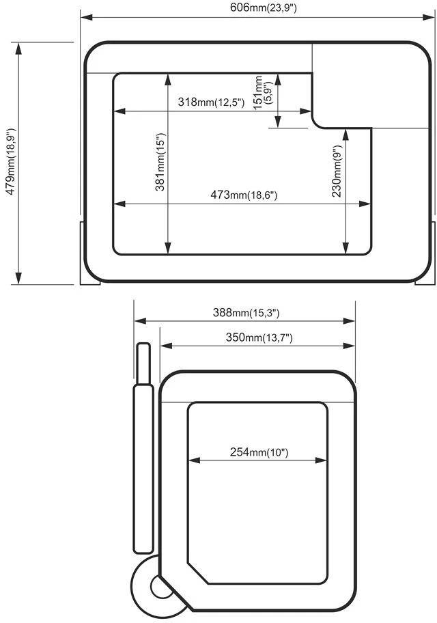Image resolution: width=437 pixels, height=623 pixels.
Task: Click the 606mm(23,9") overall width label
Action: (264, 8)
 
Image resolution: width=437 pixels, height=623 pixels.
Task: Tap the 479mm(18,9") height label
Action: (11, 161)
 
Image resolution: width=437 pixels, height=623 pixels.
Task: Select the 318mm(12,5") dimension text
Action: (210, 102)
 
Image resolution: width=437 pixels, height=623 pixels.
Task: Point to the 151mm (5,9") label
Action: (263, 93)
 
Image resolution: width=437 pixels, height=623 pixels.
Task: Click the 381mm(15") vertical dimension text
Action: (160, 162)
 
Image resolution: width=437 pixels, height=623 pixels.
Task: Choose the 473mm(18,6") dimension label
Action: (244, 195)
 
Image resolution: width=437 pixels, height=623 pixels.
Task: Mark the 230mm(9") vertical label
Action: (337, 171)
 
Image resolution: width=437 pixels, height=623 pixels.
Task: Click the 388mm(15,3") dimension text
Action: (246, 313)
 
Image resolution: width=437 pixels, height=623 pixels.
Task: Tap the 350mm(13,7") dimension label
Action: (259, 337)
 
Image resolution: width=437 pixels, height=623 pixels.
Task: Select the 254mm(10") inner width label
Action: (259, 452)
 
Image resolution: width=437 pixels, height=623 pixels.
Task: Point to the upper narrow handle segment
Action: (143, 363)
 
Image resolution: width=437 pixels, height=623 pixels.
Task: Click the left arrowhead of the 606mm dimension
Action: (87, 17)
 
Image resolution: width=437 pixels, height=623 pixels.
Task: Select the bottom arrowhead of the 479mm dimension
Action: (18, 278)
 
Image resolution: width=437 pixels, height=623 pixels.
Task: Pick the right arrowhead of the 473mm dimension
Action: (365, 204)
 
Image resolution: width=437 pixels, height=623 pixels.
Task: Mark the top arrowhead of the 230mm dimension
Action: (346, 135)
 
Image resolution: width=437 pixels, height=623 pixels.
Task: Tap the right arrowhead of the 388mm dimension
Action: (348, 320)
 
